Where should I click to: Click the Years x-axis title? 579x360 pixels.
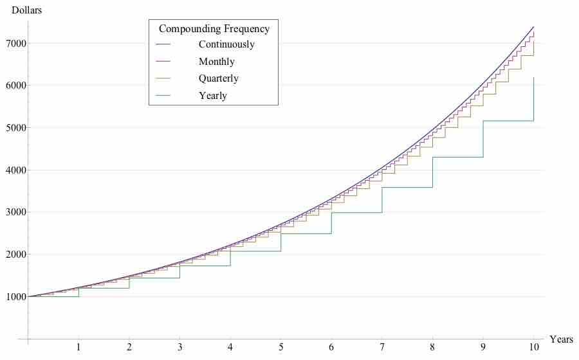(x=562, y=338)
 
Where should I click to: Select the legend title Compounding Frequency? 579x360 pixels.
(x=214, y=29)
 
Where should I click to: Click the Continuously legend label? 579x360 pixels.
(x=226, y=45)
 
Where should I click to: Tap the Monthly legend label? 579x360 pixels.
(x=217, y=62)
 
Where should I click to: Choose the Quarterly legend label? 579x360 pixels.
(x=219, y=79)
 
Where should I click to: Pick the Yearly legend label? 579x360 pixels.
(x=213, y=96)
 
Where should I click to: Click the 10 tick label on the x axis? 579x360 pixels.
(x=533, y=348)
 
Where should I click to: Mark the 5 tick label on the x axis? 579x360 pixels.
(x=281, y=348)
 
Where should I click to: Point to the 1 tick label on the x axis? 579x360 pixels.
(x=78, y=348)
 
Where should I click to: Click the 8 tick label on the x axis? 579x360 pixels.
(x=432, y=348)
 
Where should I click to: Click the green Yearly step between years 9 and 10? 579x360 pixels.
(x=508, y=121)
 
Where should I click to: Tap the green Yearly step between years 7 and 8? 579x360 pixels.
(x=407, y=187)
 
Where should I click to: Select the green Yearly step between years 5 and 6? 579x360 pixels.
(x=306, y=233)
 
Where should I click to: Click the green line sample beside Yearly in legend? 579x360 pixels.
(x=162, y=96)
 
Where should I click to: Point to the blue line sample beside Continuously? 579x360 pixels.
(x=162, y=45)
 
